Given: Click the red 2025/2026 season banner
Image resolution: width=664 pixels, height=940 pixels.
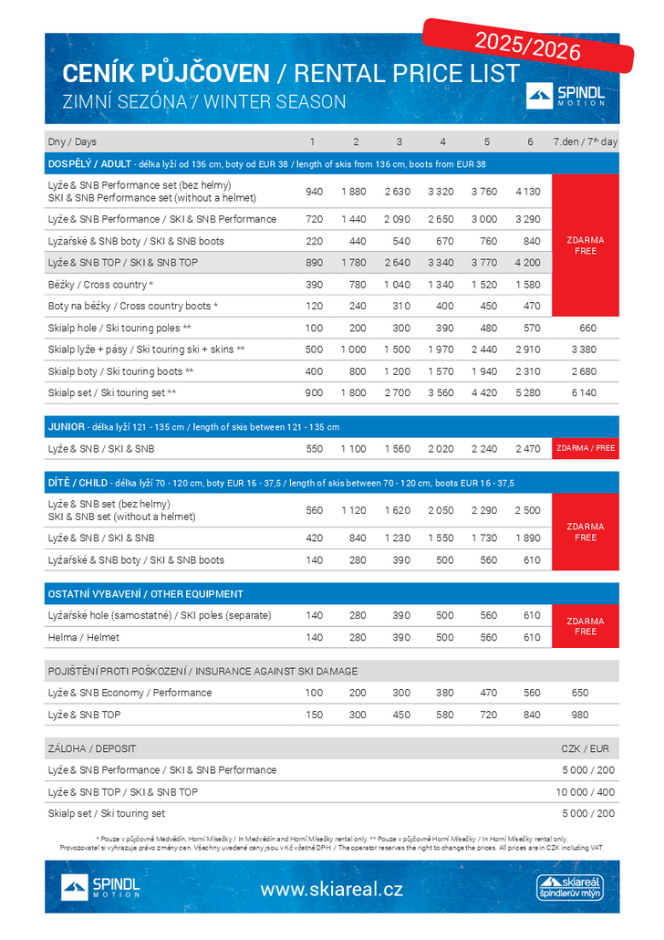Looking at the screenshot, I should click(528, 43).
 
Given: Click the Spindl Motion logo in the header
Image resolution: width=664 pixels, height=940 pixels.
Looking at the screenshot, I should click(566, 96).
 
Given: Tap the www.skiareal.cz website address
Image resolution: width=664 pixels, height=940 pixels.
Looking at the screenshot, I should click(331, 888).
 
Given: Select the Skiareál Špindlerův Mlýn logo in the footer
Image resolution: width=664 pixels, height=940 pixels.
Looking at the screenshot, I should click(570, 887).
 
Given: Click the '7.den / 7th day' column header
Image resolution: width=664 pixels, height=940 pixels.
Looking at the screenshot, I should click(585, 141).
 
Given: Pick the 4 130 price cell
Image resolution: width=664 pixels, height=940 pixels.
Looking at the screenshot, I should click(528, 192).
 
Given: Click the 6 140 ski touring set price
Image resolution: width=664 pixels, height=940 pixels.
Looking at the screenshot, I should click(586, 392).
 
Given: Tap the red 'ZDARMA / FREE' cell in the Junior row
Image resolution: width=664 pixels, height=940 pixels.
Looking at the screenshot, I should click(586, 448).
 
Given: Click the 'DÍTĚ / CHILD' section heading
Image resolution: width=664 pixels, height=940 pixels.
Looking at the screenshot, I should click(78, 482).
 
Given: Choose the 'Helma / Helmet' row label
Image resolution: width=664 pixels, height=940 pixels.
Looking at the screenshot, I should click(84, 637).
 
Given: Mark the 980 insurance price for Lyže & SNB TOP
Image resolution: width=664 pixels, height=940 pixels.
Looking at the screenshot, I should click(581, 715).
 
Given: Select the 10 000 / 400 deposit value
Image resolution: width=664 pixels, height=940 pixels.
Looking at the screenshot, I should click(585, 792).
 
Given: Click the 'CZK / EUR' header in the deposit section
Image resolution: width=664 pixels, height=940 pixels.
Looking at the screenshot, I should click(585, 748).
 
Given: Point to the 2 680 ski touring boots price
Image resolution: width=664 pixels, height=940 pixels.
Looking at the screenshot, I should click(586, 371).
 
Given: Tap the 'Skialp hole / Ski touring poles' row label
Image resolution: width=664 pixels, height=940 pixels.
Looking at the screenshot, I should click(119, 328).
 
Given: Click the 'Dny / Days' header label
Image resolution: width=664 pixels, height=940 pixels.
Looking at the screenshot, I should click(72, 141).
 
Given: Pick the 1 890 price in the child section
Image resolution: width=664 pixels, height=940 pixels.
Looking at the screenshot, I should click(528, 538).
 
